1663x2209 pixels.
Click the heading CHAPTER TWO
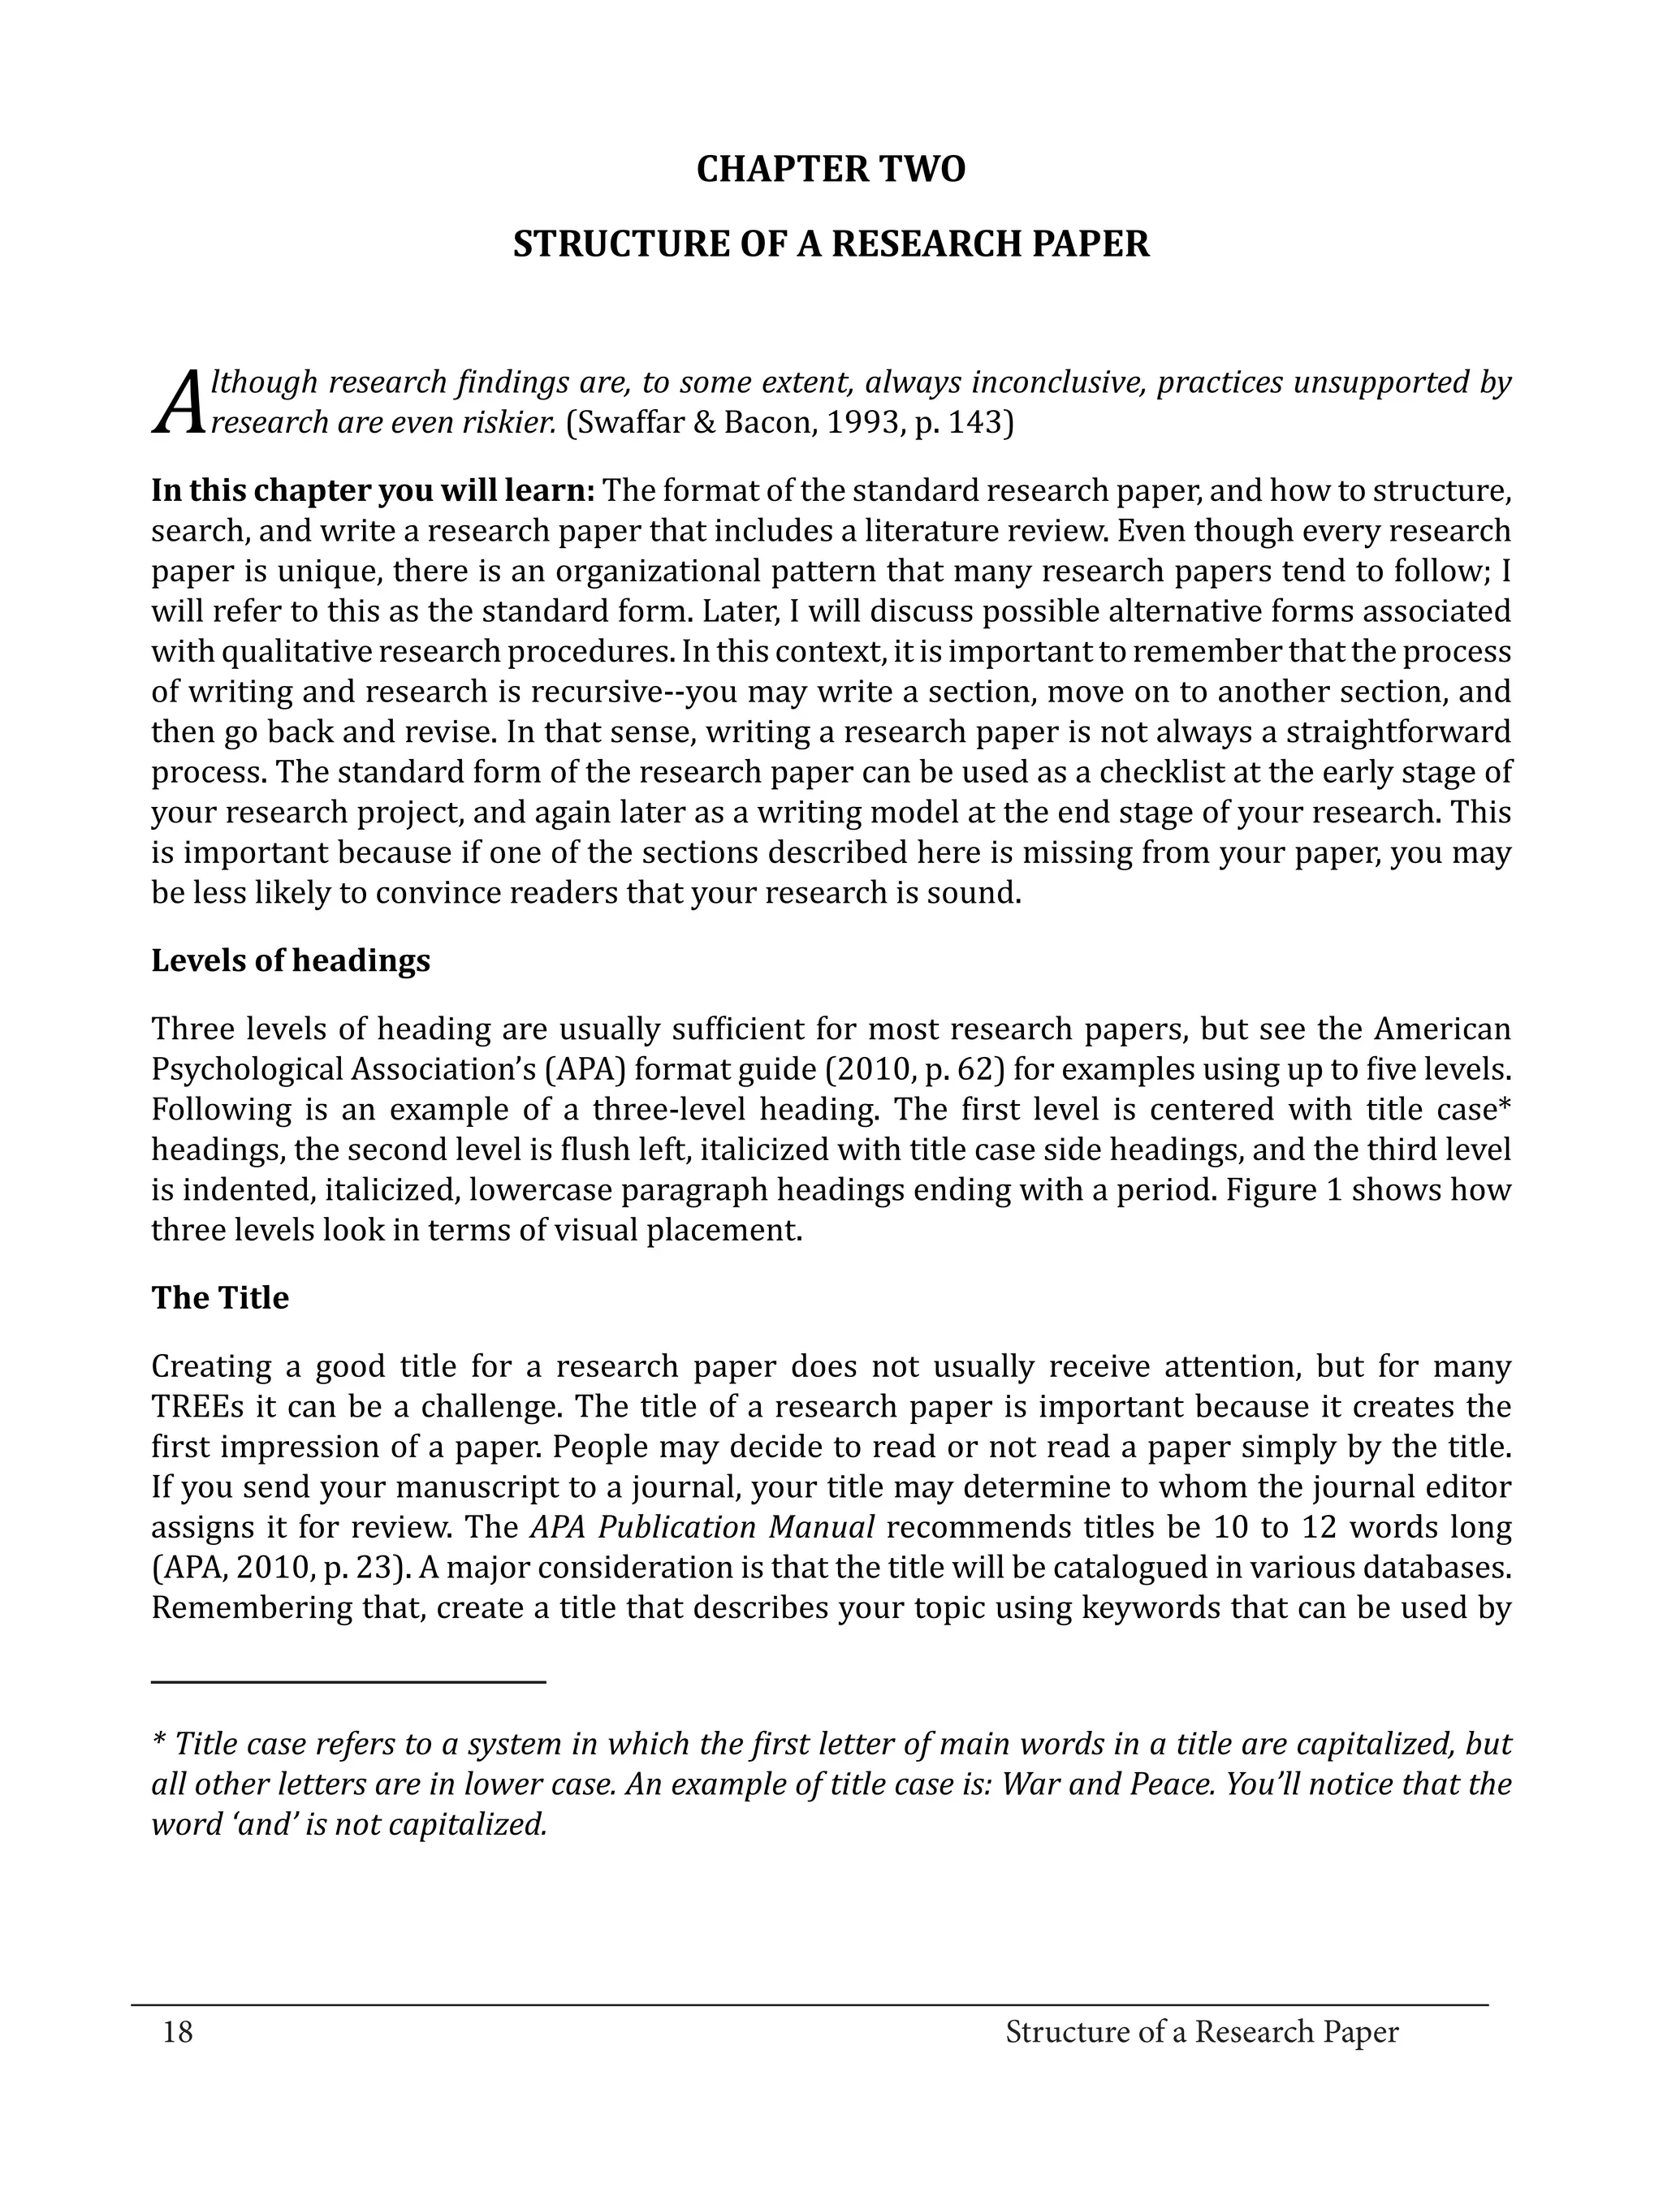point(830,170)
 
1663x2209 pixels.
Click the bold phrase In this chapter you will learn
point(374,491)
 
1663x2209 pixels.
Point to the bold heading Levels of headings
point(291,960)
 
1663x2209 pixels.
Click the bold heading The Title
point(220,1298)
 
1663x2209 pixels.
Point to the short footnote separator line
point(348,1683)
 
